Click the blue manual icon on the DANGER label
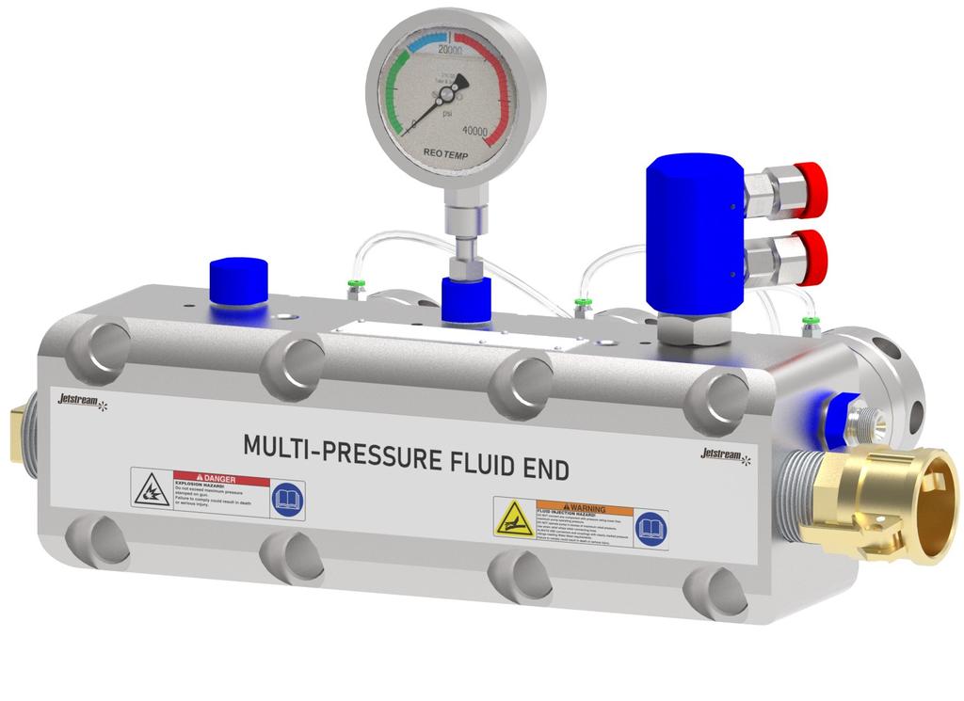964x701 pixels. point(287,499)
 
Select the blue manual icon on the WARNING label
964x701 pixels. point(651,528)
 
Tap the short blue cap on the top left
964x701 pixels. point(236,281)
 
